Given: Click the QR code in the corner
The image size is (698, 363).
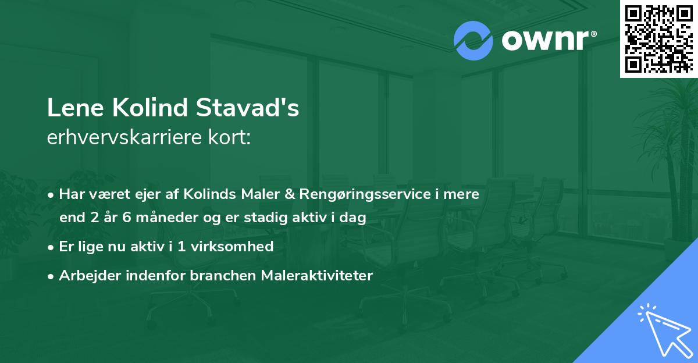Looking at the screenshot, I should coord(659,38).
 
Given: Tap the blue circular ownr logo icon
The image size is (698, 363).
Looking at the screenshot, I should coord(473,41).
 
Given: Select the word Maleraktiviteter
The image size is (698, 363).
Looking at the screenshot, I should coord(322,275).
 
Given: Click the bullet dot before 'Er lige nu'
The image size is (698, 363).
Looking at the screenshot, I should coord(52,247).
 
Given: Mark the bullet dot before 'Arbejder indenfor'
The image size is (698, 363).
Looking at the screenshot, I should coord(52,276).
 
